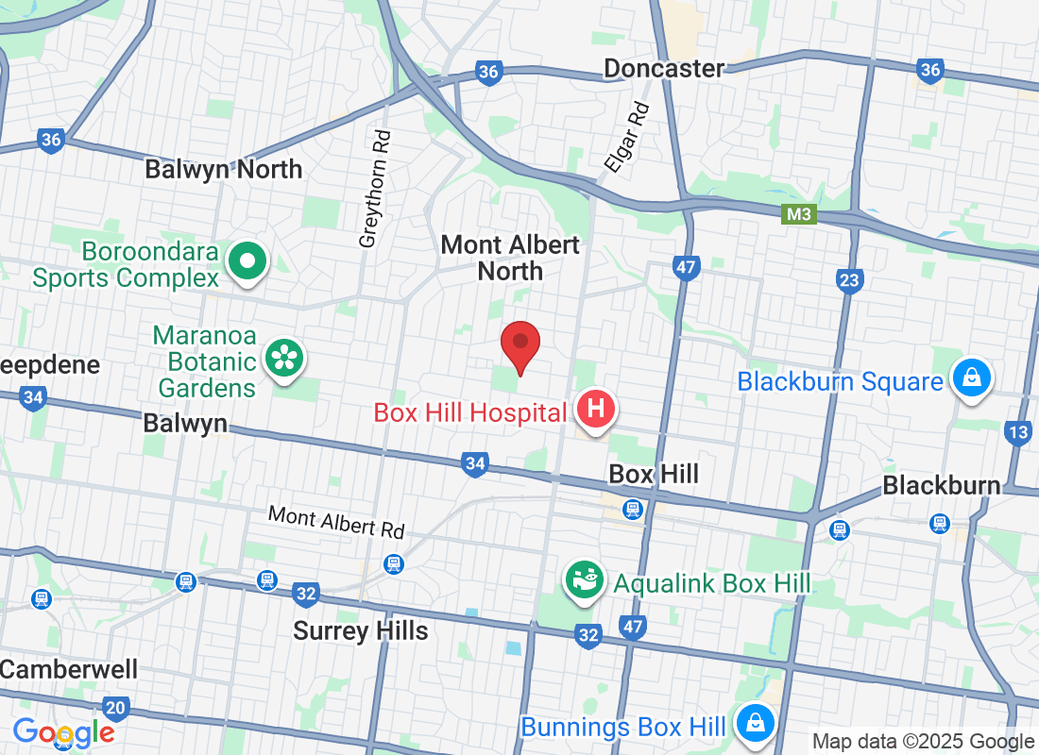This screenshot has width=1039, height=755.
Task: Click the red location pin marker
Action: click(x=519, y=345)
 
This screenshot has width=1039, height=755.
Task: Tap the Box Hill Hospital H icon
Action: click(x=596, y=411)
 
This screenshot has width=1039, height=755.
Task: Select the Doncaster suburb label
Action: click(x=664, y=68)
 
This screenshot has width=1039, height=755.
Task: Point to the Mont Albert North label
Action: click(x=510, y=258)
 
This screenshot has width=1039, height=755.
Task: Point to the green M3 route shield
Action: click(x=799, y=215)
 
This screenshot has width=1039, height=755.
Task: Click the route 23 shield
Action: click(x=850, y=279)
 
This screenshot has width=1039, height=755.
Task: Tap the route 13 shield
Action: click(x=1018, y=433)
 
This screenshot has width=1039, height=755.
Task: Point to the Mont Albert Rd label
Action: click(x=335, y=521)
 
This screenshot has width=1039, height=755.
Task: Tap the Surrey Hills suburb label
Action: click(x=361, y=630)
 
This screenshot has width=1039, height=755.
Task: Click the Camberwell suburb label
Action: click(x=68, y=670)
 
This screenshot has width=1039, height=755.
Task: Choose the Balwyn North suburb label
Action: click(x=223, y=170)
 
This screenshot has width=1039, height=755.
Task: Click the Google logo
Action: click(x=64, y=732)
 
